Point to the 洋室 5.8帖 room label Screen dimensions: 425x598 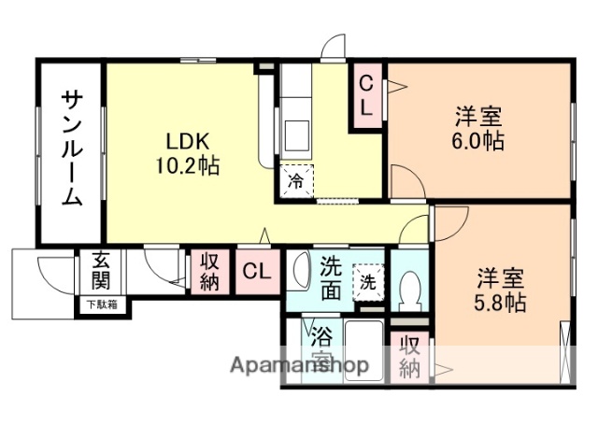coord(501,290)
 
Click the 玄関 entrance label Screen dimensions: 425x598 coord(101,271)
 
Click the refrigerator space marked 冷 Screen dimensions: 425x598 coord(296,178)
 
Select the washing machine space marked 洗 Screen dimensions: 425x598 coord(367,278)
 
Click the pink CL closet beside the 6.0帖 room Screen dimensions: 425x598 coord(367,96)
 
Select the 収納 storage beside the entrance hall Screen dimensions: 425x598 coord(210,272)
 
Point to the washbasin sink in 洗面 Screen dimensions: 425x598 coord(299,272)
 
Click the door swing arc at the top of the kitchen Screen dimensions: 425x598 coord(332,51)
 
